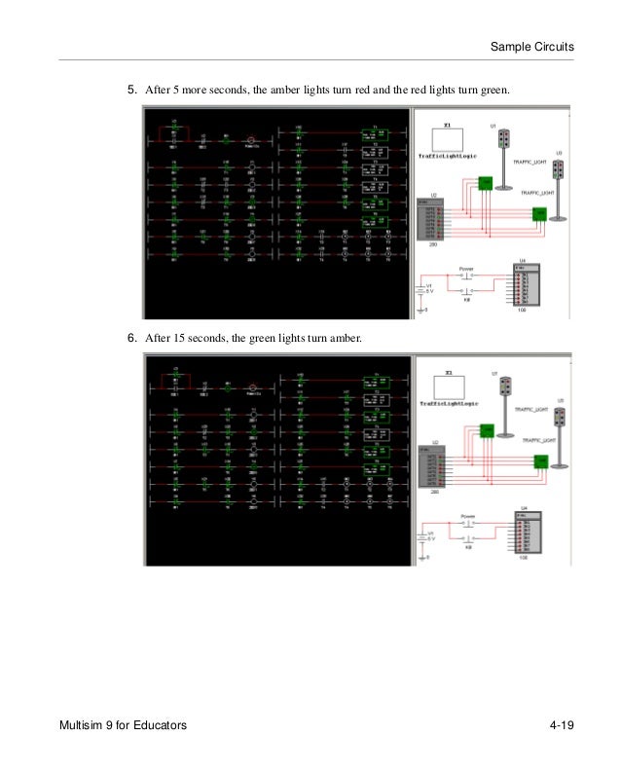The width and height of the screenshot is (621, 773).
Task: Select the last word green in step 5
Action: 494,91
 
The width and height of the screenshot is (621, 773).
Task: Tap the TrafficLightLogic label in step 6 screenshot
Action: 444,403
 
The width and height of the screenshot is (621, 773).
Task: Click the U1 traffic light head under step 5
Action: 504,140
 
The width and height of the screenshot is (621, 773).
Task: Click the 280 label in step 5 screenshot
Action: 421,245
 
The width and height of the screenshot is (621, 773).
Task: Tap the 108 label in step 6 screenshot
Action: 524,558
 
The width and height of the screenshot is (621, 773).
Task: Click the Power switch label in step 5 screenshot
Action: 465,265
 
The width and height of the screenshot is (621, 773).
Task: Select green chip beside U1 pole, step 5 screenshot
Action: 485,183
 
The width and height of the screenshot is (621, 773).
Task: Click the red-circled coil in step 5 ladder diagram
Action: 252,140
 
